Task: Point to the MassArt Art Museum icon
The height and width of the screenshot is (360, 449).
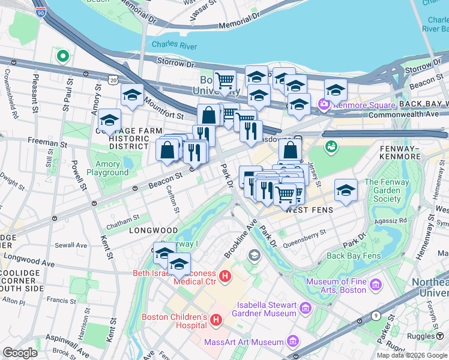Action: coord(293,341)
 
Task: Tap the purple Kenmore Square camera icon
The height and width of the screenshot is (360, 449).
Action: coord(325,105)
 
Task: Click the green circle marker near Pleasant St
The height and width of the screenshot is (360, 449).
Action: coord(62,56)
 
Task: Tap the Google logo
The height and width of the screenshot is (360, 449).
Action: coord(20,353)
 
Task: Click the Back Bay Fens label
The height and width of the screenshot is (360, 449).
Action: coord(354,256)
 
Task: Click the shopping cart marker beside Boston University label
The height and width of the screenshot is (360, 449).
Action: coord(224,80)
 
